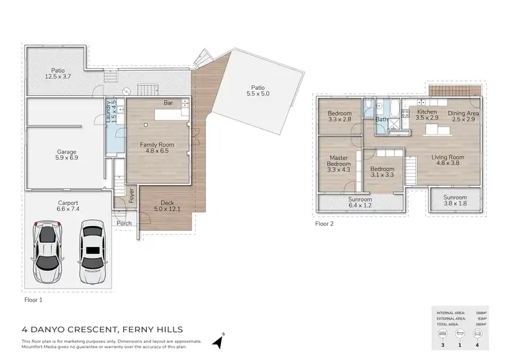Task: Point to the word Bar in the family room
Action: pos(167,103)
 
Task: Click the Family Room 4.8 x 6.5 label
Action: pos(157,148)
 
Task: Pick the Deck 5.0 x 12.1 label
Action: pos(167,207)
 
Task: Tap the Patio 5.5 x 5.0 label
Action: pos(258,91)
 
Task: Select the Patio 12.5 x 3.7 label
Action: pos(57,73)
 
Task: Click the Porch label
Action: pos(124,223)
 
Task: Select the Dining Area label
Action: pos(461,116)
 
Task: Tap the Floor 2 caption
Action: pos(325,223)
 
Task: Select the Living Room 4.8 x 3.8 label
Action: pos(447,161)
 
